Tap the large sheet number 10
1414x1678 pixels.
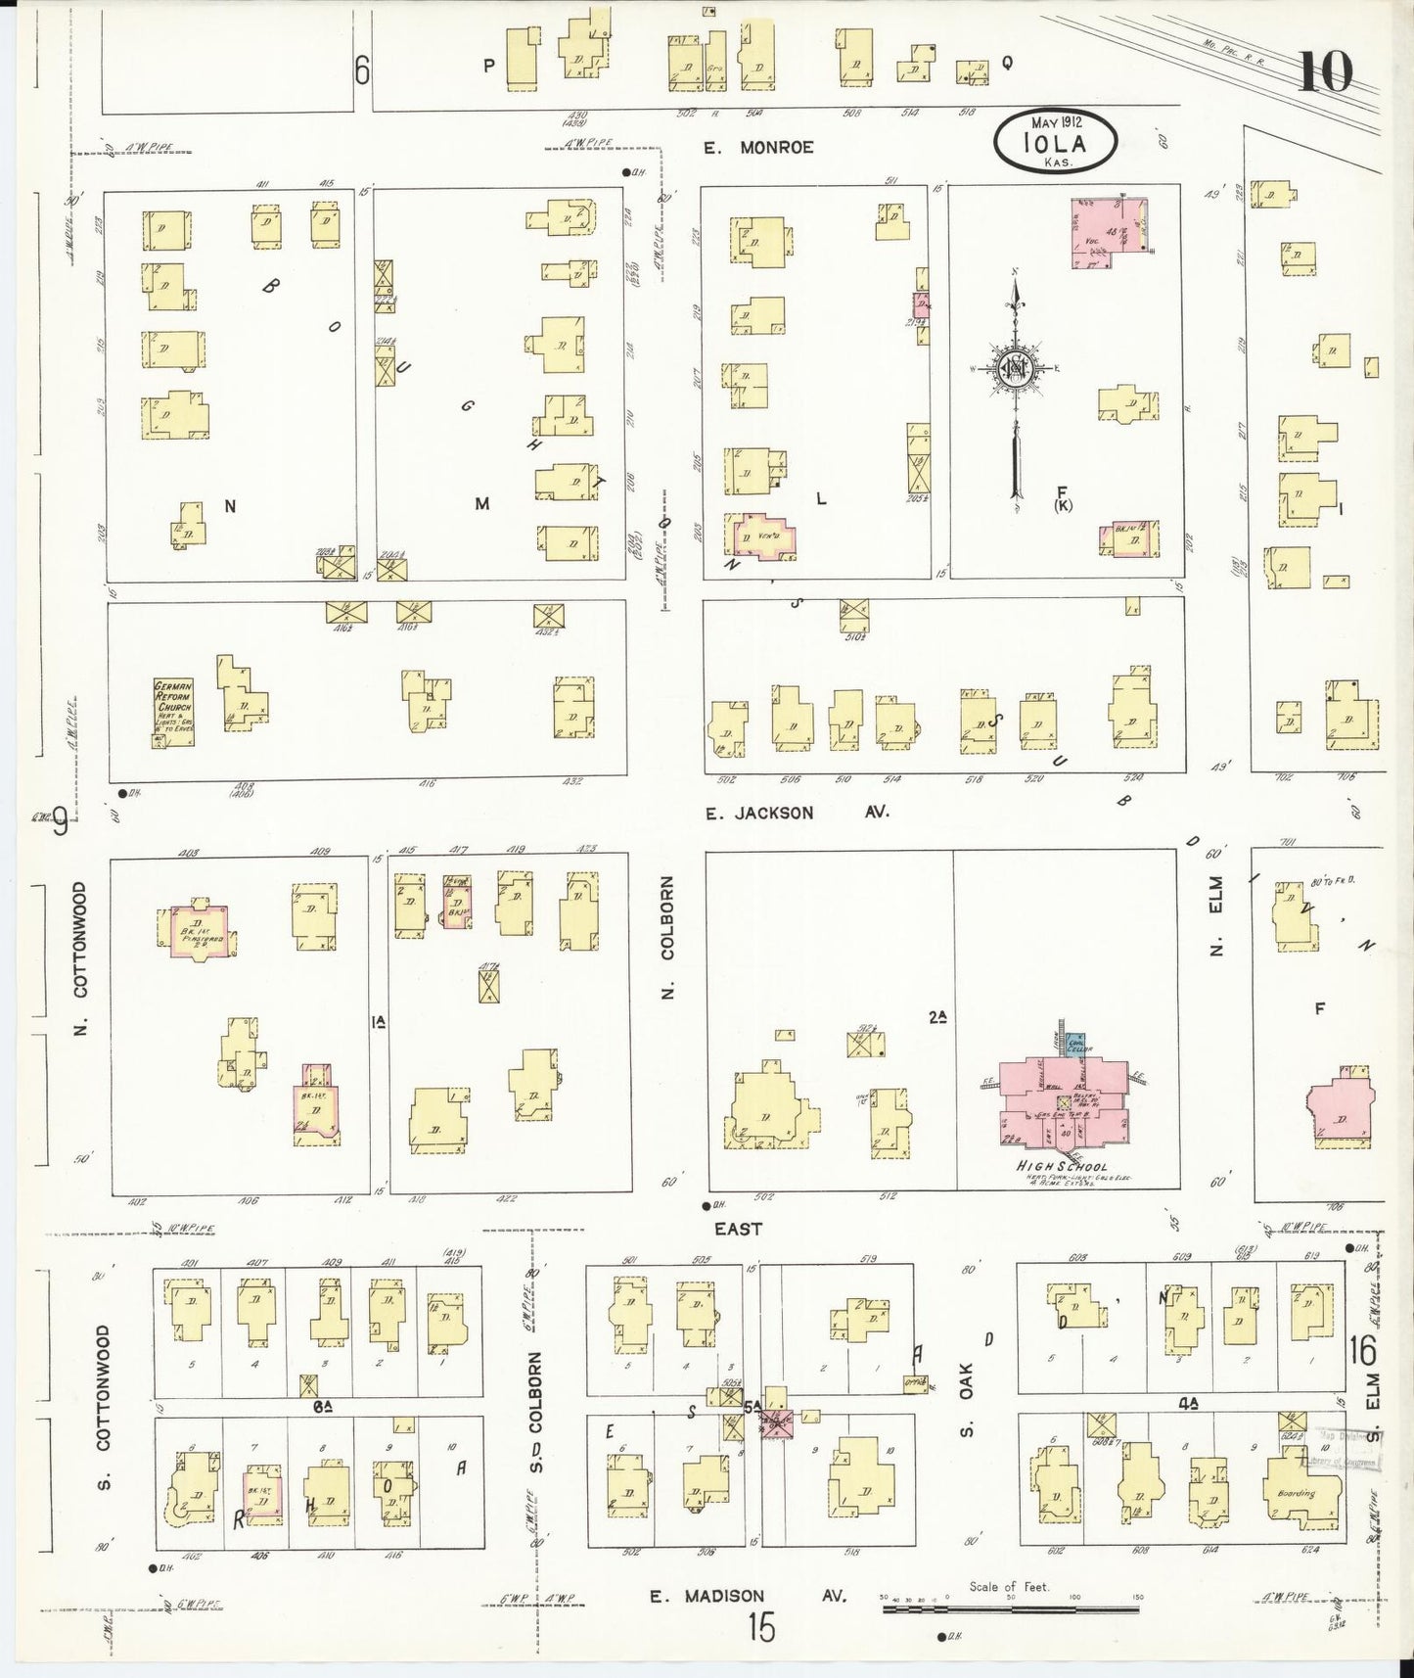click(1326, 70)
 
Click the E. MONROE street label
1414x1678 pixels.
click(758, 148)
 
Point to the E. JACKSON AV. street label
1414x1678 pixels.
click(797, 813)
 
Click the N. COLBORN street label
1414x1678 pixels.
click(669, 938)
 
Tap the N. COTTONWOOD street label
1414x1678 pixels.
click(80, 956)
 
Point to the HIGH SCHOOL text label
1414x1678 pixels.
click(1062, 1166)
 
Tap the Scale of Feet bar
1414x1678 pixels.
click(1014, 1608)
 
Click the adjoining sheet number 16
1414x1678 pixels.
click(1361, 1351)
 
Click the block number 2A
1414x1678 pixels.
click(937, 1018)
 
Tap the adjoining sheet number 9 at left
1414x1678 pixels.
click(61, 822)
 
